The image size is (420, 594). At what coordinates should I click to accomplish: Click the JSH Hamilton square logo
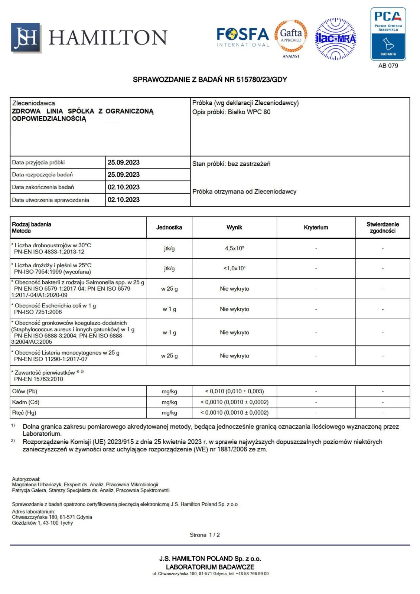25,37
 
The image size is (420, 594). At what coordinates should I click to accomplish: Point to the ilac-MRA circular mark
335,39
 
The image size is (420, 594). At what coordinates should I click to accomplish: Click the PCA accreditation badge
388,34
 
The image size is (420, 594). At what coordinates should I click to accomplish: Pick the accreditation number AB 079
388,66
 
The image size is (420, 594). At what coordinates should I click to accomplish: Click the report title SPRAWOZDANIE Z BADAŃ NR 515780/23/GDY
210,79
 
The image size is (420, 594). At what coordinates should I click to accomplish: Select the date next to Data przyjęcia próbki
124,163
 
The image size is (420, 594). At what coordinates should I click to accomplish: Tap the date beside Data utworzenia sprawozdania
124,200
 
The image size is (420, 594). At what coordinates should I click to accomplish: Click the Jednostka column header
169,228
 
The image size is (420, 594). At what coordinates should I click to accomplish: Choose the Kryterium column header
316,228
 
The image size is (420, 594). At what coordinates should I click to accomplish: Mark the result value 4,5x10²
234,248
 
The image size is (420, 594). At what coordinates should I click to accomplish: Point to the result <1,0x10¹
234,268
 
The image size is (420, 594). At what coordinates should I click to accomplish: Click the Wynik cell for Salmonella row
234,289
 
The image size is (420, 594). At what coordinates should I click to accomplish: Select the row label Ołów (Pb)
25,391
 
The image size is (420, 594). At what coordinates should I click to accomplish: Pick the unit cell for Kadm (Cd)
169,402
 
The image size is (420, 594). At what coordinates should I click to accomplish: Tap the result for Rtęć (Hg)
234,413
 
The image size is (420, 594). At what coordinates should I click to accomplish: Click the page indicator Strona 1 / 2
205,535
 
